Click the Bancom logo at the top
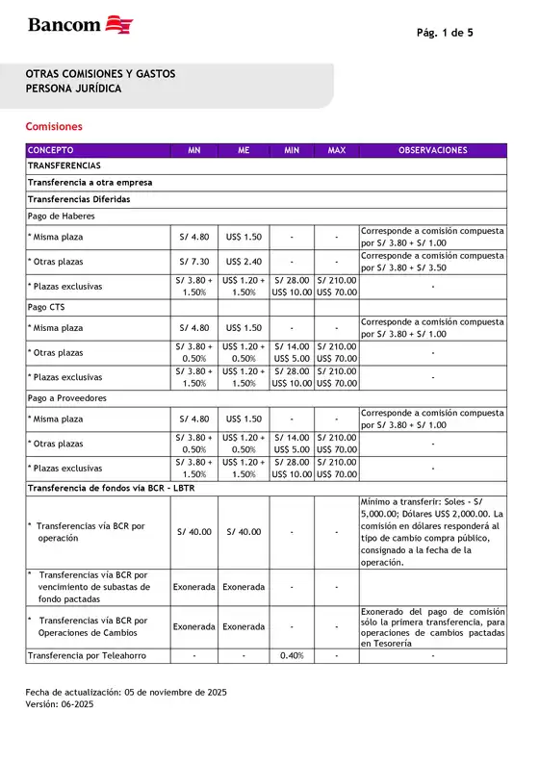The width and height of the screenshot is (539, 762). pyautogui.click(x=80, y=25)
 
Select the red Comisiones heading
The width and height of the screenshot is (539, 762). pyautogui.click(x=54, y=126)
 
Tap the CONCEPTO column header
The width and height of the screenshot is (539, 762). pyautogui.click(x=50, y=151)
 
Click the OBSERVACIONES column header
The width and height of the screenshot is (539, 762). pyautogui.click(x=432, y=151)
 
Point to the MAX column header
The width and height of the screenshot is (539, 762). pyautogui.click(x=336, y=151)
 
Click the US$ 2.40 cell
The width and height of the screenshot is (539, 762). pyautogui.click(x=244, y=262)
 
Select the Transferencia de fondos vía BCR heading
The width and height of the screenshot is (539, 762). pyautogui.click(x=124, y=488)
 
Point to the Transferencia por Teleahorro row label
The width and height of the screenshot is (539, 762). pyautogui.click(x=87, y=656)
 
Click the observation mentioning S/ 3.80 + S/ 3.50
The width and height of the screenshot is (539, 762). pyautogui.click(x=432, y=262)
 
